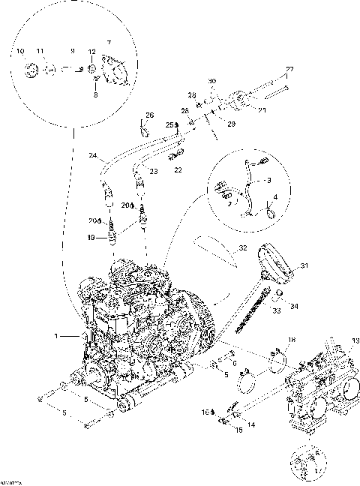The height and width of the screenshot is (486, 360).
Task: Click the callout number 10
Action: pos(20,50)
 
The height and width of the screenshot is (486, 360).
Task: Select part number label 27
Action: pos(289,70)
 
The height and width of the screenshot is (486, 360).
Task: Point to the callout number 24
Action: pos(93,157)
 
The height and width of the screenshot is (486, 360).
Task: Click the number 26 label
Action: pos(148,115)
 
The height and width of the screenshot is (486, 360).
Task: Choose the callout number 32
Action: pos(242,247)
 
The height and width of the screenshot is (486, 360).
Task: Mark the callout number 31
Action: pos(304,265)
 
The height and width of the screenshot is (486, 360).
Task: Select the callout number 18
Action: pos(292,341)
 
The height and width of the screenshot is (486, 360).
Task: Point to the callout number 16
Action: pos(202,412)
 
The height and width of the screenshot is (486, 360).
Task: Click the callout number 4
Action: pos(275,197)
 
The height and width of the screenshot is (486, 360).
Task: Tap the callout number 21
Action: pos(262,109)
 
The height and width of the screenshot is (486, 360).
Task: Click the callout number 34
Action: pos(293,305)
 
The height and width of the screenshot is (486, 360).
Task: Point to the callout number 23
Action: pos(153,172)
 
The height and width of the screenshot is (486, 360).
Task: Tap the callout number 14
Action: pos(250,424)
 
